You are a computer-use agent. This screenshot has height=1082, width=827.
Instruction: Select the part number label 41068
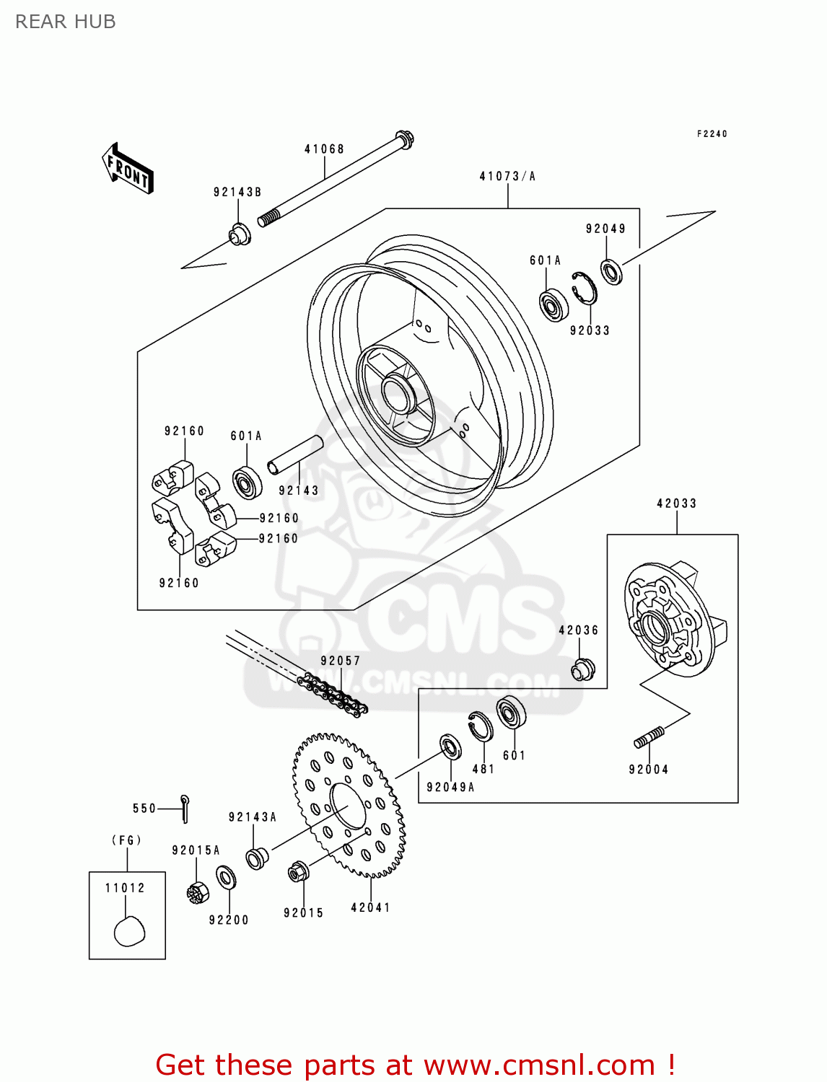coord(324,149)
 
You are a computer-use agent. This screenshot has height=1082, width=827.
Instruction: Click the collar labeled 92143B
coord(240,234)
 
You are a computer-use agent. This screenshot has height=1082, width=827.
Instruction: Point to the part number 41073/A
coord(507,176)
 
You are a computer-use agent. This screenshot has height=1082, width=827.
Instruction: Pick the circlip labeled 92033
coord(584,289)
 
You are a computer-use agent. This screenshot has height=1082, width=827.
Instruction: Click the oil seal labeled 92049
coord(611,272)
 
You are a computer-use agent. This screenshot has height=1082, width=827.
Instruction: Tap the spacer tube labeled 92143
coord(295,456)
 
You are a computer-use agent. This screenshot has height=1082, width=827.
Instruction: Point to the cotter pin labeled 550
coord(185,808)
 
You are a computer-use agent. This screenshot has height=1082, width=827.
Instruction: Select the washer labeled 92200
coord(226,878)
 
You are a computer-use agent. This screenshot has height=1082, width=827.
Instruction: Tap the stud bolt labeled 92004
coord(649,738)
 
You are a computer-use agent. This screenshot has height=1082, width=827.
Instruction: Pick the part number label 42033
coord(676,503)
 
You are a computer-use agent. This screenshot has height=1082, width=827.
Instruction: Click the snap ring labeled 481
coord(481,726)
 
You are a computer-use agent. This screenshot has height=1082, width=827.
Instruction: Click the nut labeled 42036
coord(582,669)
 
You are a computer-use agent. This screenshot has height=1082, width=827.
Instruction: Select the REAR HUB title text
coord(66,22)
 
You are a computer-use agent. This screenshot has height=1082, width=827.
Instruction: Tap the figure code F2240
coord(712,133)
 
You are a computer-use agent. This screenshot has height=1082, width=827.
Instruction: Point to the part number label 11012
coord(125,888)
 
